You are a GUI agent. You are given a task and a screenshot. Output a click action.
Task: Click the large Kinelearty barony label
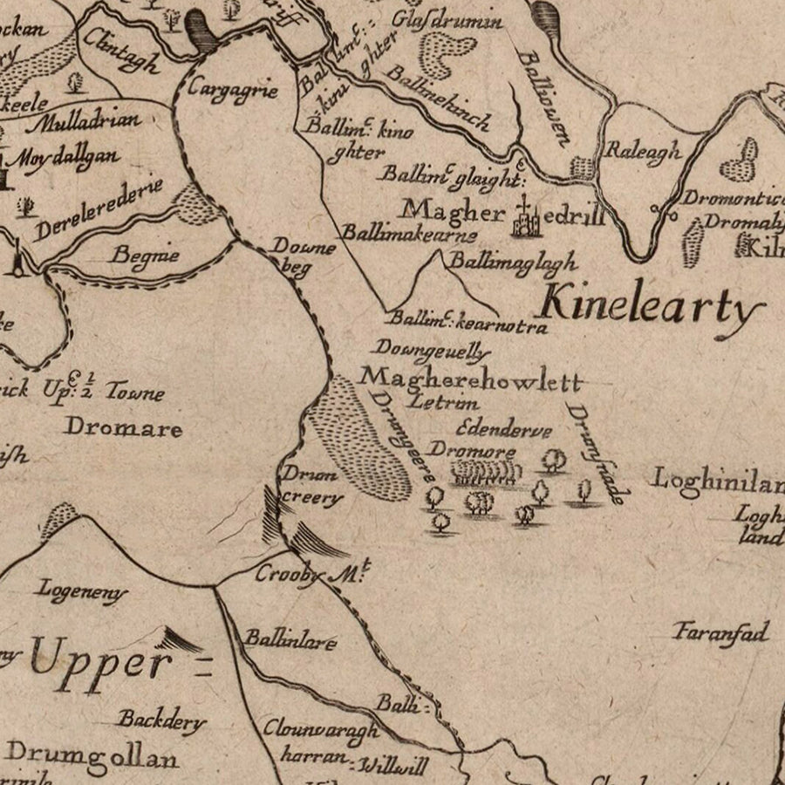[x=650, y=308]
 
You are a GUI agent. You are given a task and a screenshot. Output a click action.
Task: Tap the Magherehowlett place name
[x=470, y=379]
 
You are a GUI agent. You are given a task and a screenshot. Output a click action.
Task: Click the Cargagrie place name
[x=232, y=90]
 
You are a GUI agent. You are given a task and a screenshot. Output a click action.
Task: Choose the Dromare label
[x=124, y=428]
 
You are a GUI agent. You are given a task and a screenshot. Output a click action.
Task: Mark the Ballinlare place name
[x=290, y=641]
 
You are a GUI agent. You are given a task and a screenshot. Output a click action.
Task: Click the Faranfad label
[x=720, y=632]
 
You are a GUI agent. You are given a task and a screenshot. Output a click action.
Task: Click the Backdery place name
[x=162, y=720]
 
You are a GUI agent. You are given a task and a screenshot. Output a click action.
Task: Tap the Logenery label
[x=81, y=592]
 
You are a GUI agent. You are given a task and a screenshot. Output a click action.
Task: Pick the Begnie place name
[x=146, y=256]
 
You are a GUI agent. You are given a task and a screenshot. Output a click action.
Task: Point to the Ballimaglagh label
[x=512, y=261]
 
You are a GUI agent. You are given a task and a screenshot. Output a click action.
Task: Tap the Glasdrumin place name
[x=447, y=18]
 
